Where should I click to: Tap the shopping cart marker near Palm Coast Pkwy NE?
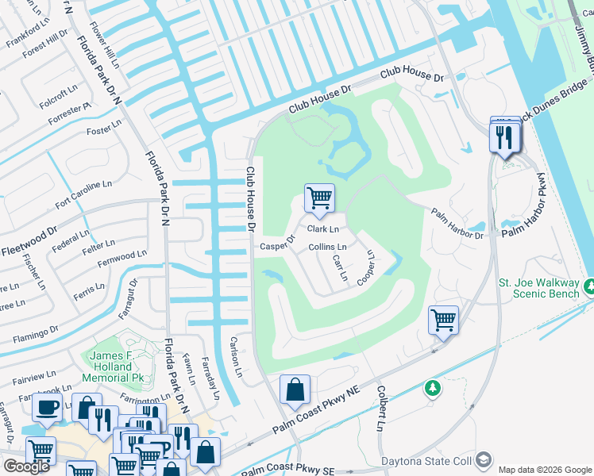(444, 320)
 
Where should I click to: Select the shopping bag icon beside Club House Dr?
(295, 390)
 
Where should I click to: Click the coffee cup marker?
(48, 407)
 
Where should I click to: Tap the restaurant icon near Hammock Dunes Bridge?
(506, 136)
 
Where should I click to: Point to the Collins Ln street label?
(327, 248)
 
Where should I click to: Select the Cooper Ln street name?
(367, 268)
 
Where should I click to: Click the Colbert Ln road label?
(380, 409)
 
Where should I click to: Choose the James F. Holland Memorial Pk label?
(121, 367)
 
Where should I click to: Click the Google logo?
(26, 466)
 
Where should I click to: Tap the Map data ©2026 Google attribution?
(545, 469)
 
